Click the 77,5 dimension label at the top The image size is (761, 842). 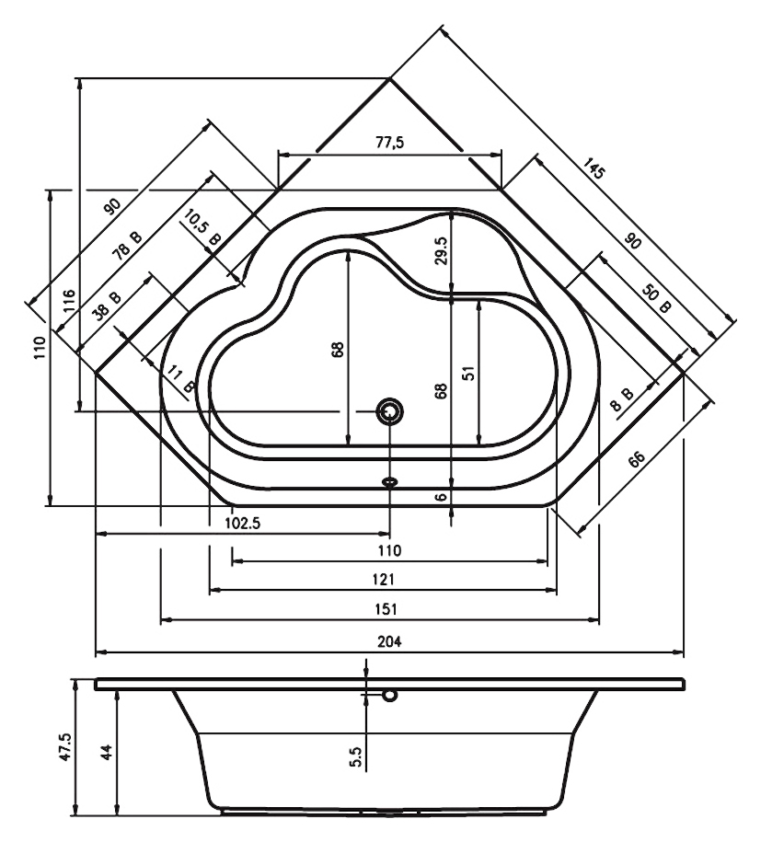389,143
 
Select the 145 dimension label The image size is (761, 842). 594,168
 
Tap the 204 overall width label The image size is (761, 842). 389,641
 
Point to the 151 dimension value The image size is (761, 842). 386,609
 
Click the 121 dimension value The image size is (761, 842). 384,579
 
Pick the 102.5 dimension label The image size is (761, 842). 243,524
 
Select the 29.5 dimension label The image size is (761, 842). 441,250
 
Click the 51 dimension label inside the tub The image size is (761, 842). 469,373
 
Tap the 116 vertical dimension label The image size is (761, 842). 69,301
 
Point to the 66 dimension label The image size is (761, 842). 636,459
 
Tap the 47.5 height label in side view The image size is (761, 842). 65,746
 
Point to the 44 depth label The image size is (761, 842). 107,751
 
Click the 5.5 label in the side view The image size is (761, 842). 355,756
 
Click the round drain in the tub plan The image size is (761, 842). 390,412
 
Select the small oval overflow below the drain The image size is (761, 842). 390,481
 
